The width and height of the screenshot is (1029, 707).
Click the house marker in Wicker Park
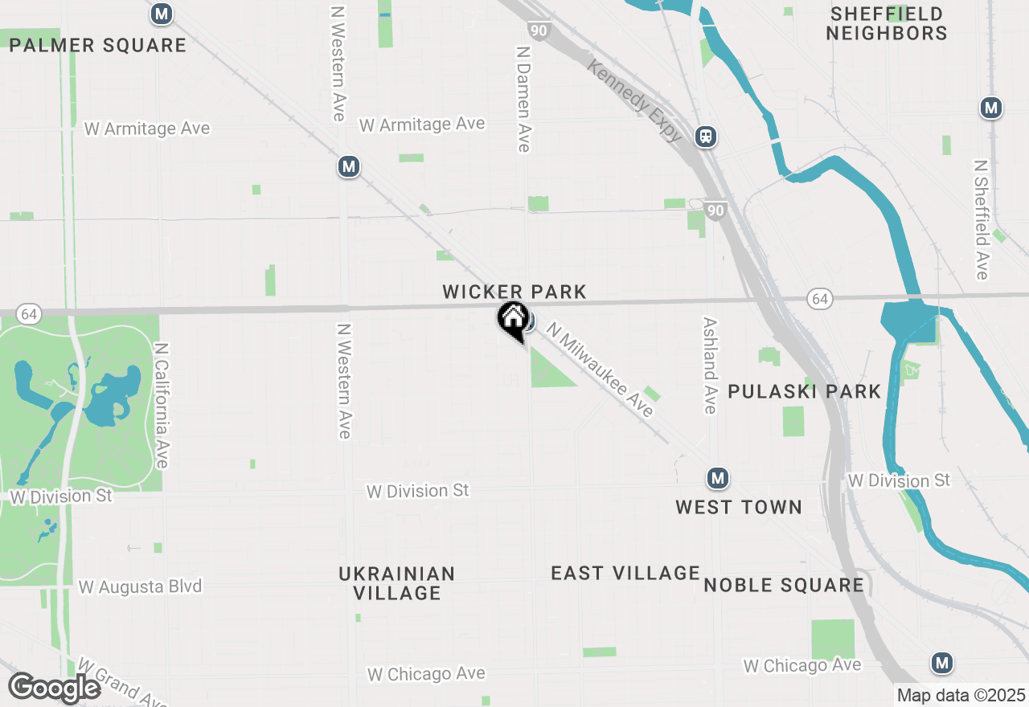click(x=512, y=318)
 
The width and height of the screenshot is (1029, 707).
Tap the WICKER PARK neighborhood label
click(x=514, y=292)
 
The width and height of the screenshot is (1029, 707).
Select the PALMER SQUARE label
click(x=98, y=45)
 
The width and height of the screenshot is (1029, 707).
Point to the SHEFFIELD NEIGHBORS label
click(x=887, y=23)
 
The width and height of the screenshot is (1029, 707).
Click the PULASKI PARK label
click(x=805, y=391)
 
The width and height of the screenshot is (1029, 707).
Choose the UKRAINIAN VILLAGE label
click(x=396, y=583)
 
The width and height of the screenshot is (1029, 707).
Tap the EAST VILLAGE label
click(x=625, y=573)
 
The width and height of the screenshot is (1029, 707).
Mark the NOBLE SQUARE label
click(x=784, y=585)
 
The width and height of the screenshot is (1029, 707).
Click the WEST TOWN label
click(x=739, y=507)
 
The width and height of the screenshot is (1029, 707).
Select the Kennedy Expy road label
click(x=635, y=100)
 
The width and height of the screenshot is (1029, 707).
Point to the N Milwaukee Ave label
click(x=600, y=369)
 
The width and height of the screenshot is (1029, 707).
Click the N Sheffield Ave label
click(x=982, y=219)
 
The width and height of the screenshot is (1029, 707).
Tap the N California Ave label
click(x=162, y=406)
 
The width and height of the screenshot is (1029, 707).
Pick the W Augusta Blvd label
click(x=140, y=587)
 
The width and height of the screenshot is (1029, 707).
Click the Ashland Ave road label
click(x=709, y=365)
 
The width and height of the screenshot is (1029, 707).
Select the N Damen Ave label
click(x=523, y=97)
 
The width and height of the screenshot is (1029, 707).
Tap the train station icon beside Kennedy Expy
click(x=706, y=137)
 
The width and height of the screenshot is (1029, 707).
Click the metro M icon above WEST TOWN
click(x=718, y=479)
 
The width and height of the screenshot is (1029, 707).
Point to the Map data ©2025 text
click(x=961, y=695)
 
